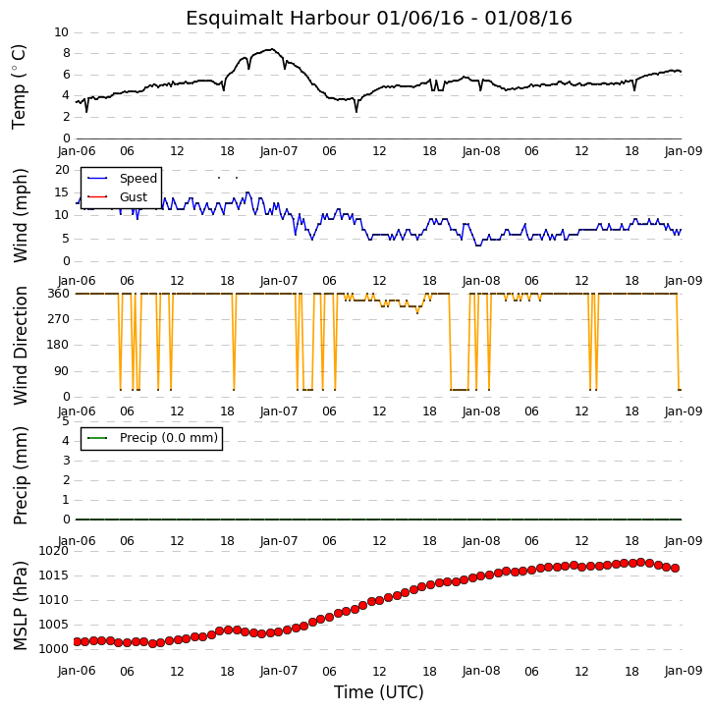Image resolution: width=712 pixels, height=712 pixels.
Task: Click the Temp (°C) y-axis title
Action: point(19,86)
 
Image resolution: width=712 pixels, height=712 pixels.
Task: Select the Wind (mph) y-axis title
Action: point(20,215)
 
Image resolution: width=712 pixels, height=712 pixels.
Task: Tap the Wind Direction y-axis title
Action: point(20,345)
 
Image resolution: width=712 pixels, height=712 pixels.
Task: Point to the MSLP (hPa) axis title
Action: point(20,605)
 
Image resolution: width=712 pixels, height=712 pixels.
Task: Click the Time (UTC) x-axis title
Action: point(379,692)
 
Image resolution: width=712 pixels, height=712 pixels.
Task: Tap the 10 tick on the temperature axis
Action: point(61,32)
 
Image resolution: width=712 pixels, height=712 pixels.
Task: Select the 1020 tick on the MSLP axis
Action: point(54,551)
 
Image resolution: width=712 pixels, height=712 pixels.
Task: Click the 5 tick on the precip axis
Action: point(66,421)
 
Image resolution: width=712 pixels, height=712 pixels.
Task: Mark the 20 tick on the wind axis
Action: point(62,170)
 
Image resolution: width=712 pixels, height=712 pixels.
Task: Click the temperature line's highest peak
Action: point(271,49)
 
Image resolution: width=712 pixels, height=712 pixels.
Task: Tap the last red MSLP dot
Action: point(676,568)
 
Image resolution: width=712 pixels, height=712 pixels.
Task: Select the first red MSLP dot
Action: point(77,641)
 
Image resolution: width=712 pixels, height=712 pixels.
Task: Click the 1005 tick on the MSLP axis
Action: point(54,625)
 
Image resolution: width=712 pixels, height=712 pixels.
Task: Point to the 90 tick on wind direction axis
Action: point(62,371)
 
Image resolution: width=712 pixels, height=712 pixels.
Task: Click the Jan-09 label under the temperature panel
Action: point(684,151)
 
